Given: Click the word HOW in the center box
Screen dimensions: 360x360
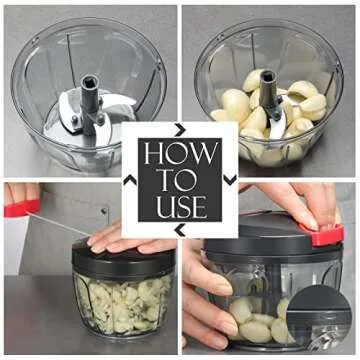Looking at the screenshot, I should (180, 153).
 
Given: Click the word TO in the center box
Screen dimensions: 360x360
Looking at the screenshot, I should (180, 181).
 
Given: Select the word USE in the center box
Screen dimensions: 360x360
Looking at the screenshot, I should (180, 209).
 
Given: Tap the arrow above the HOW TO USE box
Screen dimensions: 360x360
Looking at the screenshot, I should (180, 129).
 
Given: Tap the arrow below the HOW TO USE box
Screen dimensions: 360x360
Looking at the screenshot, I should (180, 231).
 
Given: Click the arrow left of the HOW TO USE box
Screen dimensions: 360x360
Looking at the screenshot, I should (129, 181).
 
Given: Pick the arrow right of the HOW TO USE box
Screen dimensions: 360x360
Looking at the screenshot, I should (231, 181).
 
